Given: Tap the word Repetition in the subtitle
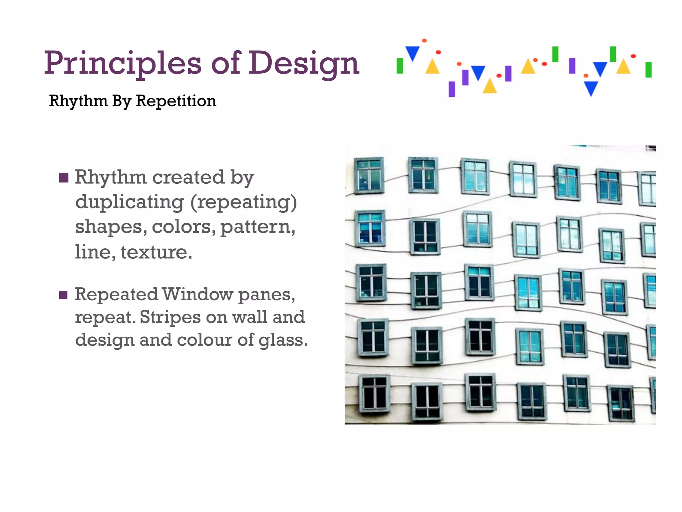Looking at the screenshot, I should tap(176, 101).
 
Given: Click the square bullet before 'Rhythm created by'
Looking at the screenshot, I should tap(64, 178).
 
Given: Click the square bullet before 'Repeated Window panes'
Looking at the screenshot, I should tap(64, 295).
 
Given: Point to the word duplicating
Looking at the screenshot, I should tap(129, 202).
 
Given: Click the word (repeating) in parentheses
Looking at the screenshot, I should tap(243, 202).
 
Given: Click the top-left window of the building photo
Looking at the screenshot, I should tap(369, 176).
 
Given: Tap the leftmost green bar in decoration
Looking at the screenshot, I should tap(400, 66).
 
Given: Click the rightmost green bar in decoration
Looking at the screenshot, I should tap(648, 70).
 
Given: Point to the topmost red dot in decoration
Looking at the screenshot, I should tap(424, 41).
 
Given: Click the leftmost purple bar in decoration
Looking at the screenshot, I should tap(452, 89).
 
